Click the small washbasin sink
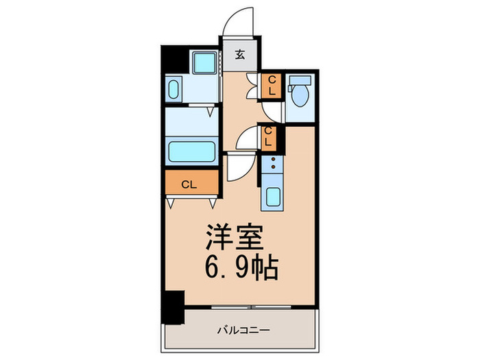coord(173,90)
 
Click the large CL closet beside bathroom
coord(191,183)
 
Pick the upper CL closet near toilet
coord(272,85)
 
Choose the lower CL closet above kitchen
coord(269,137)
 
